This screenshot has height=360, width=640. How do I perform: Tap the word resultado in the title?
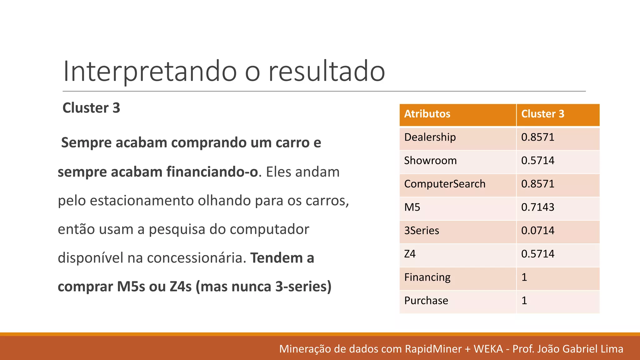coord(327,71)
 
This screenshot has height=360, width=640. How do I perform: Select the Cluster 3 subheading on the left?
coord(91,108)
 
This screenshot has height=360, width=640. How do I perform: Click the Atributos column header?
coord(427,114)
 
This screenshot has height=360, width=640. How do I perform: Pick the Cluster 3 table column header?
coord(543,114)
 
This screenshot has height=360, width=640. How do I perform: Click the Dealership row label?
coord(430,137)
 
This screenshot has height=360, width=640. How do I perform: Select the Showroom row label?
coord(430,161)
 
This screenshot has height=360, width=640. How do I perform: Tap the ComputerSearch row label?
coord(445,184)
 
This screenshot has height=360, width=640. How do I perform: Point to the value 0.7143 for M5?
coord(538,207)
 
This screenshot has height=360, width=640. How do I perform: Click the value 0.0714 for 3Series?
coord(538,231)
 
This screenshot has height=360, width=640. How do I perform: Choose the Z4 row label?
coord(410,254)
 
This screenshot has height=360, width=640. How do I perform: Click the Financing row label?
coord(427,277)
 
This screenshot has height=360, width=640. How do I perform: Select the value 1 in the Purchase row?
coord(524,301)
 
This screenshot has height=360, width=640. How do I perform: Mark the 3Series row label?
coord(422,231)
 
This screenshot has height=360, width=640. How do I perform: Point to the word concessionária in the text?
coord(196,258)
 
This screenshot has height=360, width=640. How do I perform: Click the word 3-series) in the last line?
coord(303,287)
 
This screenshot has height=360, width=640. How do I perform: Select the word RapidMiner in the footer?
coord(433,349)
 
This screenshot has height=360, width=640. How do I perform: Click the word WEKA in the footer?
coord(488,349)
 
